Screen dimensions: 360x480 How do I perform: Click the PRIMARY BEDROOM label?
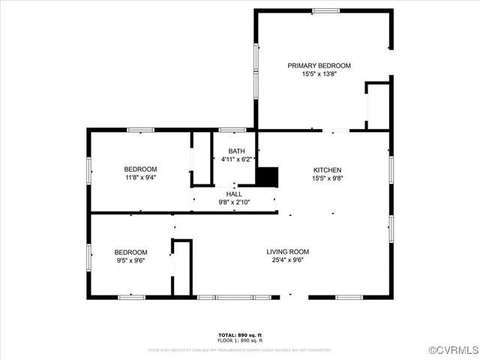(319, 65)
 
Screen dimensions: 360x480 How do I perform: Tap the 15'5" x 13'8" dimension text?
(319, 73)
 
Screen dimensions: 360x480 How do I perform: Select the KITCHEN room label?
(327, 169)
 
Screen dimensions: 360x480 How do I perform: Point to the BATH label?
(236, 151)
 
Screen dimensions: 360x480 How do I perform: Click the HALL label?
(234, 193)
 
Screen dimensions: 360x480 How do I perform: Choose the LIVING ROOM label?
(288, 252)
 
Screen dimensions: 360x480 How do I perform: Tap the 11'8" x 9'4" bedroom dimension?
(140, 178)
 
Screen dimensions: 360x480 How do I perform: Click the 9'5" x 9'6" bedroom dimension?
(130, 261)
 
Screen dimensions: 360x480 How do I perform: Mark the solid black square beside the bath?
(268, 177)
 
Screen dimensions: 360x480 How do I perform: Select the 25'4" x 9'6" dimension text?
(288, 261)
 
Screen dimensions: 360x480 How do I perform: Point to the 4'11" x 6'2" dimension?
(236, 160)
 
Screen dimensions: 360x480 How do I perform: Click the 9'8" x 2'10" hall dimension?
(234, 202)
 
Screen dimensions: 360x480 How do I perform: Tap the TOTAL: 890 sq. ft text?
(240, 334)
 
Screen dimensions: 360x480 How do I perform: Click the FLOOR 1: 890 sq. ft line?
(240, 340)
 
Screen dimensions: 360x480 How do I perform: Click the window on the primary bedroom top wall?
(325, 10)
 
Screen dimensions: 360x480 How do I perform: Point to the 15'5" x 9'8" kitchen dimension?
(327, 178)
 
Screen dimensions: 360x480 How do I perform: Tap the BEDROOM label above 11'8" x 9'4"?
(140, 169)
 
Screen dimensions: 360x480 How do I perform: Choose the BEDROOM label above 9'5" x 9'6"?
(130, 252)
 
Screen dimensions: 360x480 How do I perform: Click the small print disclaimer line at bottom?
(240, 349)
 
